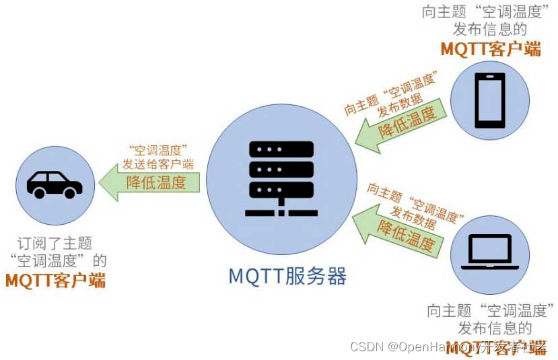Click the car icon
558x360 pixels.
[x=55, y=184]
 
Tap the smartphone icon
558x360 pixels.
[x=489, y=100]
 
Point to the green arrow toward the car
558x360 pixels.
[x=151, y=182]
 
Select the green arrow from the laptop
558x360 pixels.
[x=397, y=229]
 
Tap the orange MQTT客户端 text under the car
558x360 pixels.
[x=55, y=280]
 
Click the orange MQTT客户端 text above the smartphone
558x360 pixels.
[x=491, y=48]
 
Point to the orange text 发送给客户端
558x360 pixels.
[x=158, y=164]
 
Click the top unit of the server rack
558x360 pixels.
[x=281, y=149]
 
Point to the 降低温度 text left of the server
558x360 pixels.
[x=156, y=182]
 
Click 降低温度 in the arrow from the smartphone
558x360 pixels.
[x=407, y=122]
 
